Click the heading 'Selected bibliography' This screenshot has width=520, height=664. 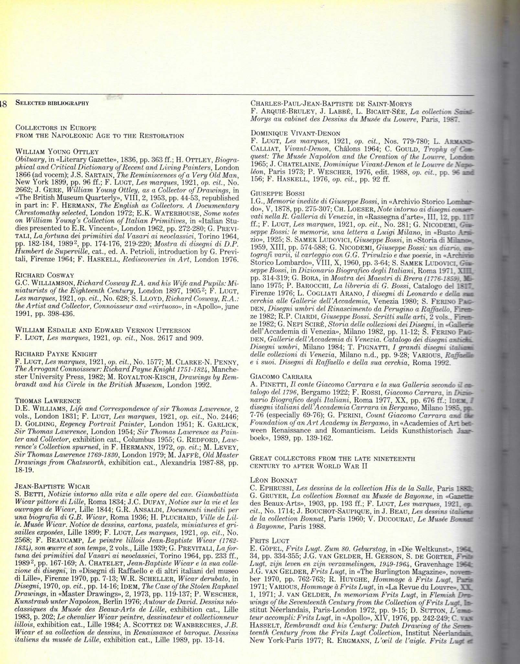[x=52, y=103]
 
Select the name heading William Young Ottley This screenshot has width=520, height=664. [x=57, y=152]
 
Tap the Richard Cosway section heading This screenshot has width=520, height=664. [x=45, y=275]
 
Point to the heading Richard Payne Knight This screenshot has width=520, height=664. [x=56, y=354]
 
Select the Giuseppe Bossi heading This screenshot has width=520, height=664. [x=278, y=194]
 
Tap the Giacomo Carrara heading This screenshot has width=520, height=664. [x=281, y=377]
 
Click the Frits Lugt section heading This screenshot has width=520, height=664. [x=270, y=541]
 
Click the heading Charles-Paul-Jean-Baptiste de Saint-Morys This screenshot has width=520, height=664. [x=331, y=104]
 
